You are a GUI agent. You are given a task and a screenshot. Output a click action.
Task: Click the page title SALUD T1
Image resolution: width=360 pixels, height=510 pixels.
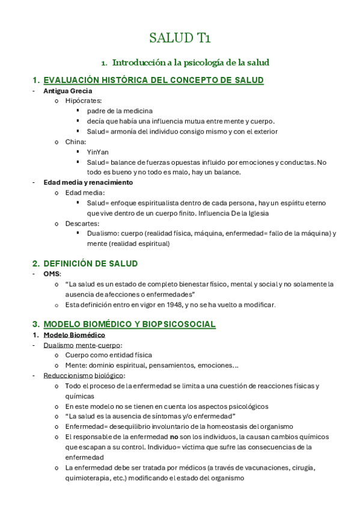(x=180, y=39)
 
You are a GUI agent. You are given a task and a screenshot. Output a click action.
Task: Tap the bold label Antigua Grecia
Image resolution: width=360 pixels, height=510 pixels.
(x=67, y=91)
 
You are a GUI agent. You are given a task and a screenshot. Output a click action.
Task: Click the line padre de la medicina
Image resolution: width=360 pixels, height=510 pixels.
(x=120, y=111)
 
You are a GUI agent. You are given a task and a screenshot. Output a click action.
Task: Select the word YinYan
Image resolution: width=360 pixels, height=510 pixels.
(x=98, y=152)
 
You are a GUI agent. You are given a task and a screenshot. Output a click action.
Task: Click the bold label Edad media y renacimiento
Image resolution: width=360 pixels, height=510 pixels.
(x=88, y=182)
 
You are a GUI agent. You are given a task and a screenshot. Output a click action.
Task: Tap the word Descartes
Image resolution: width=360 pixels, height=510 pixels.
(x=82, y=223)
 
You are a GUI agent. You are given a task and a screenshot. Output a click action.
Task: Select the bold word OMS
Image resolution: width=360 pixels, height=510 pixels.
(x=51, y=274)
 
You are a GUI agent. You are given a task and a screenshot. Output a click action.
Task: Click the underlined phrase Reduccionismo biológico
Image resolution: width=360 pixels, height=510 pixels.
(x=84, y=376)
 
